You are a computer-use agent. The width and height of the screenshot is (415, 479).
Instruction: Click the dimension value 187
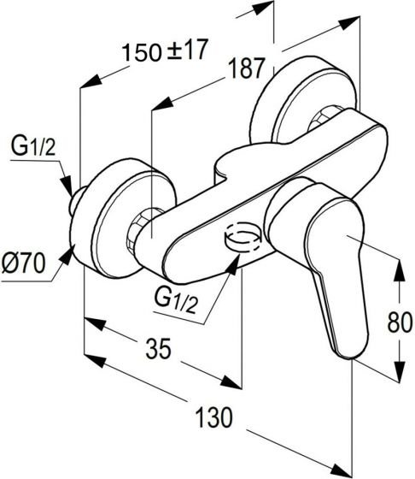tap(246, 68)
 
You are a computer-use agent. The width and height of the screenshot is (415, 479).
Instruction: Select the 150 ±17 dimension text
tap(165, 50)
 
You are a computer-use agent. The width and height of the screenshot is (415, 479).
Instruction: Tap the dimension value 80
tap(400, 322)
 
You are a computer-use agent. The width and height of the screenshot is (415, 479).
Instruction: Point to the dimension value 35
tap(159, 348)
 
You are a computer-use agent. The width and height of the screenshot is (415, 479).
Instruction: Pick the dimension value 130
tap(213, 417)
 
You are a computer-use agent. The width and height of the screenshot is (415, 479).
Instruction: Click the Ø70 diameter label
tap(23, 263)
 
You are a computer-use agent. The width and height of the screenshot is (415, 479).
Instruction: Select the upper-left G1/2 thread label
tap(33, 146)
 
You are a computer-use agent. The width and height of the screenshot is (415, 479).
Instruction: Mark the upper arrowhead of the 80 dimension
tap(399, 271)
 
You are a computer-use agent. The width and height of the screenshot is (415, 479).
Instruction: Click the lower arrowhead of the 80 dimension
tap(399, 371)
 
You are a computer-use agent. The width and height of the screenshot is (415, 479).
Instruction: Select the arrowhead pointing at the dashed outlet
tap(231, 265)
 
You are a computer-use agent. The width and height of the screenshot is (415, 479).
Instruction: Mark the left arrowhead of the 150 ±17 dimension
tap(91, 81)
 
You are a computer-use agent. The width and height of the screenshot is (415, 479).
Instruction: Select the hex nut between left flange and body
tap(138, 226)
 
